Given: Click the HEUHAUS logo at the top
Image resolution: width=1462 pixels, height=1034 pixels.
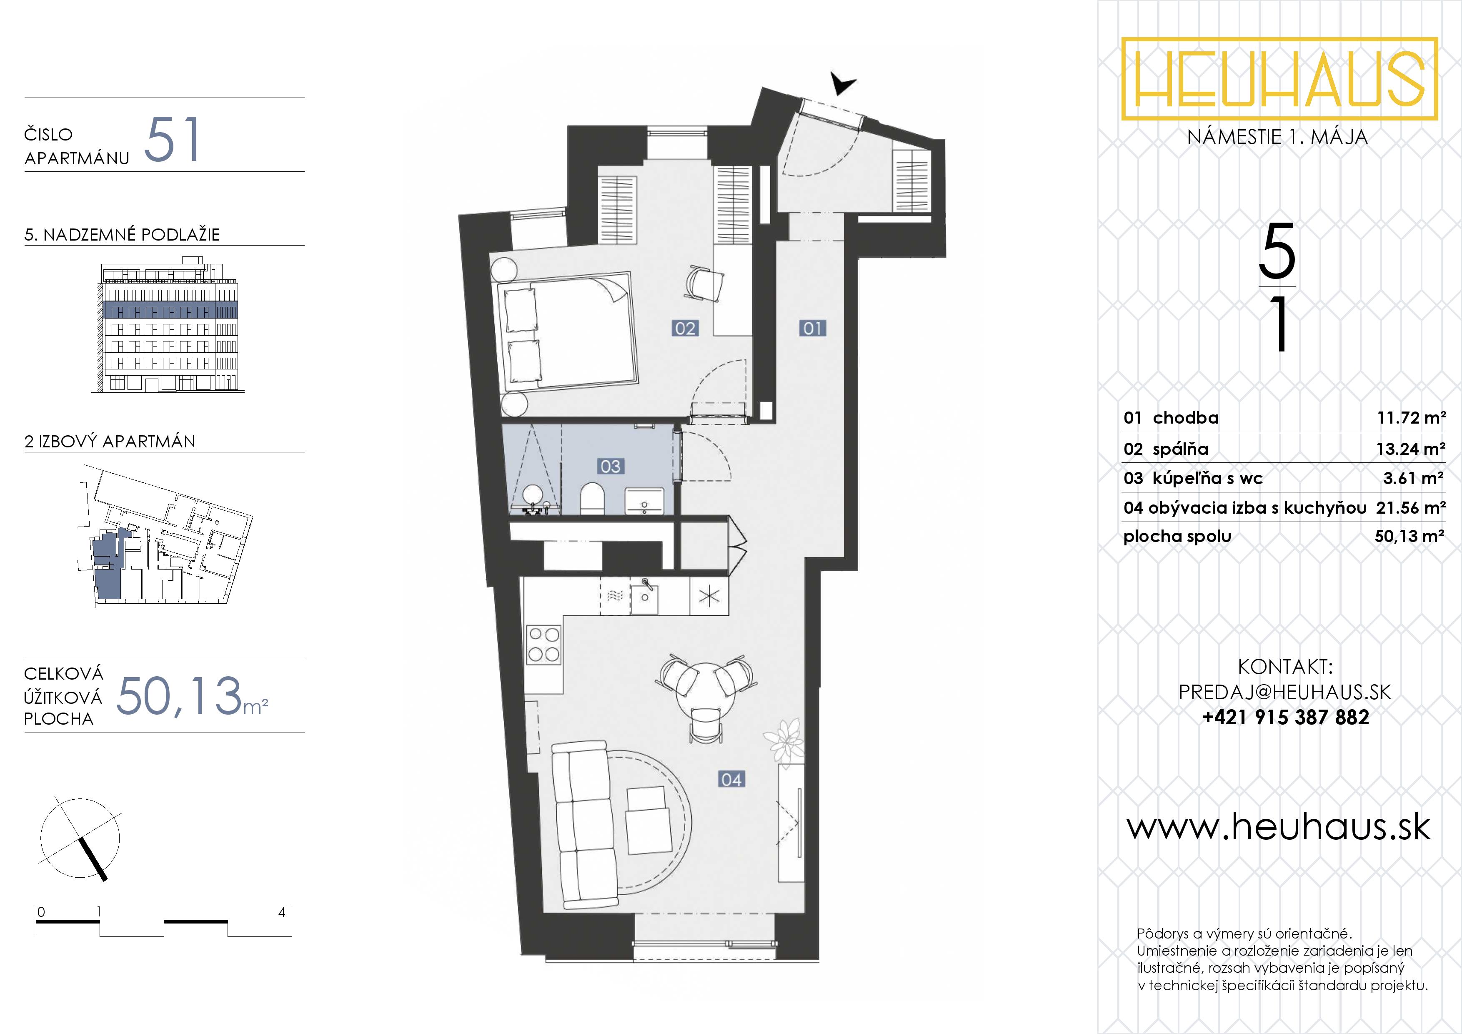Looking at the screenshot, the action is click(x=1279, y=78).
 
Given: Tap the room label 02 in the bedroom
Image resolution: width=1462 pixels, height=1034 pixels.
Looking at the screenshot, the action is click(x=685, y=328).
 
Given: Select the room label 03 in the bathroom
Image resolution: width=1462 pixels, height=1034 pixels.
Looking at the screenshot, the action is click(x=610, y=467).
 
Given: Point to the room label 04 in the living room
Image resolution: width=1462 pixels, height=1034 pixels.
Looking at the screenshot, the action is click(x=732, y=779).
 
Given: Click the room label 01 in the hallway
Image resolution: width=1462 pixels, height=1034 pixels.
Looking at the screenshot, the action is click(x=813, y=328).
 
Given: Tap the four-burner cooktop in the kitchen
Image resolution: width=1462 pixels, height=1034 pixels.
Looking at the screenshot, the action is click(x=544, y=644).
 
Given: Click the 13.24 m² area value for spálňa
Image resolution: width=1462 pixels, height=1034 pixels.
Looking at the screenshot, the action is click(x=1410, y=449).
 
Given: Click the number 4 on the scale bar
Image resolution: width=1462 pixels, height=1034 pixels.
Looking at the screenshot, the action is click(x=281, y=912).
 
